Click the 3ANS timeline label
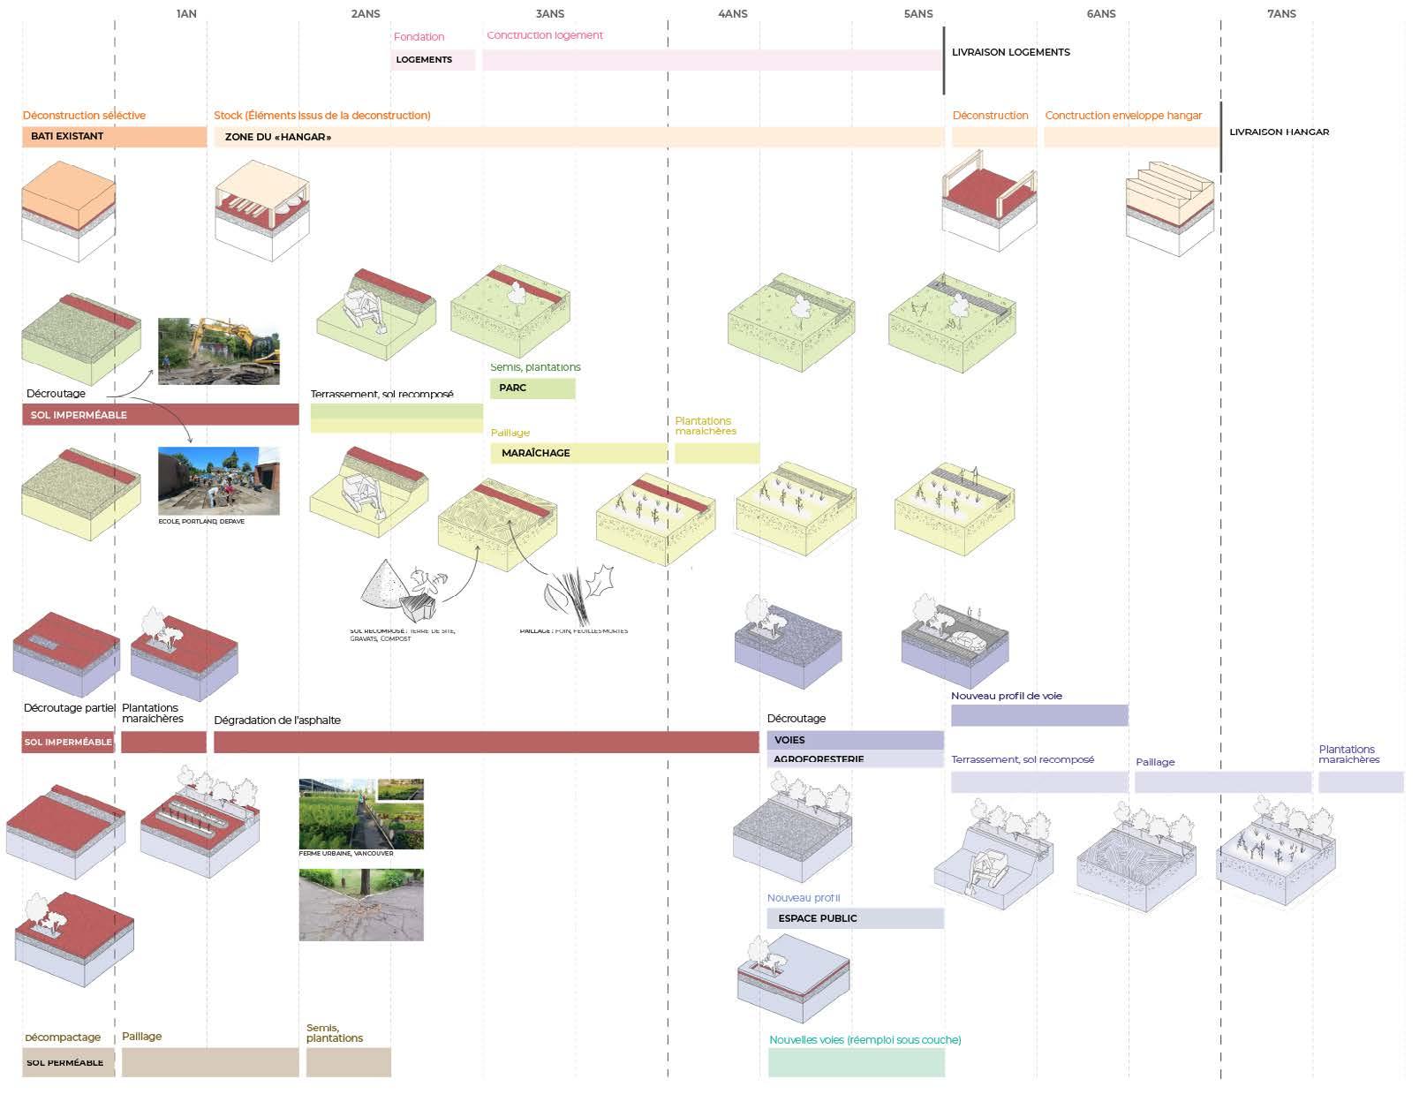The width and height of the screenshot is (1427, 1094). tap(549, 14)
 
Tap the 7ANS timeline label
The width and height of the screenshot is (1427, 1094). tap(1280, 14)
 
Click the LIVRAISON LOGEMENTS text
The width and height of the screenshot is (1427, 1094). tap(1010, 52)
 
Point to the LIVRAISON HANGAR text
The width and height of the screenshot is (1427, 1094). tap(1279, 132)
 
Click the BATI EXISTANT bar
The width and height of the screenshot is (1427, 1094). tap(114, 137)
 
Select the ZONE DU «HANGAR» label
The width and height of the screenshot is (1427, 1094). tap(278, 137)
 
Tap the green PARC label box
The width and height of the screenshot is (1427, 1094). tap(532, 389)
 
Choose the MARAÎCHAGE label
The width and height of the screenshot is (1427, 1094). tap(536, 453)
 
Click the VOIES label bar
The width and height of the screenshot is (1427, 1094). tap(855, 740)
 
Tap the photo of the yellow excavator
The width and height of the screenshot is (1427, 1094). tap(219, 351)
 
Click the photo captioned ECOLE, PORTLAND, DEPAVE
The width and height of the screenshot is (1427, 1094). tap(219, 480)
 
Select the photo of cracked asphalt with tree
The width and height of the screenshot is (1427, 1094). tap(361, 905)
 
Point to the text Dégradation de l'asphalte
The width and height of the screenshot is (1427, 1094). tap(277, 721)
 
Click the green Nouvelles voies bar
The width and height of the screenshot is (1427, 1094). tap(856, 1062)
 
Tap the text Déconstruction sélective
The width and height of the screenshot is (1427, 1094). tap(84, 116)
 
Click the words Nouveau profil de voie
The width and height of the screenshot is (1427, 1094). tap(1006, 696)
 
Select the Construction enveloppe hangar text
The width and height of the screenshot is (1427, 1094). tap(1123, 116)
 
